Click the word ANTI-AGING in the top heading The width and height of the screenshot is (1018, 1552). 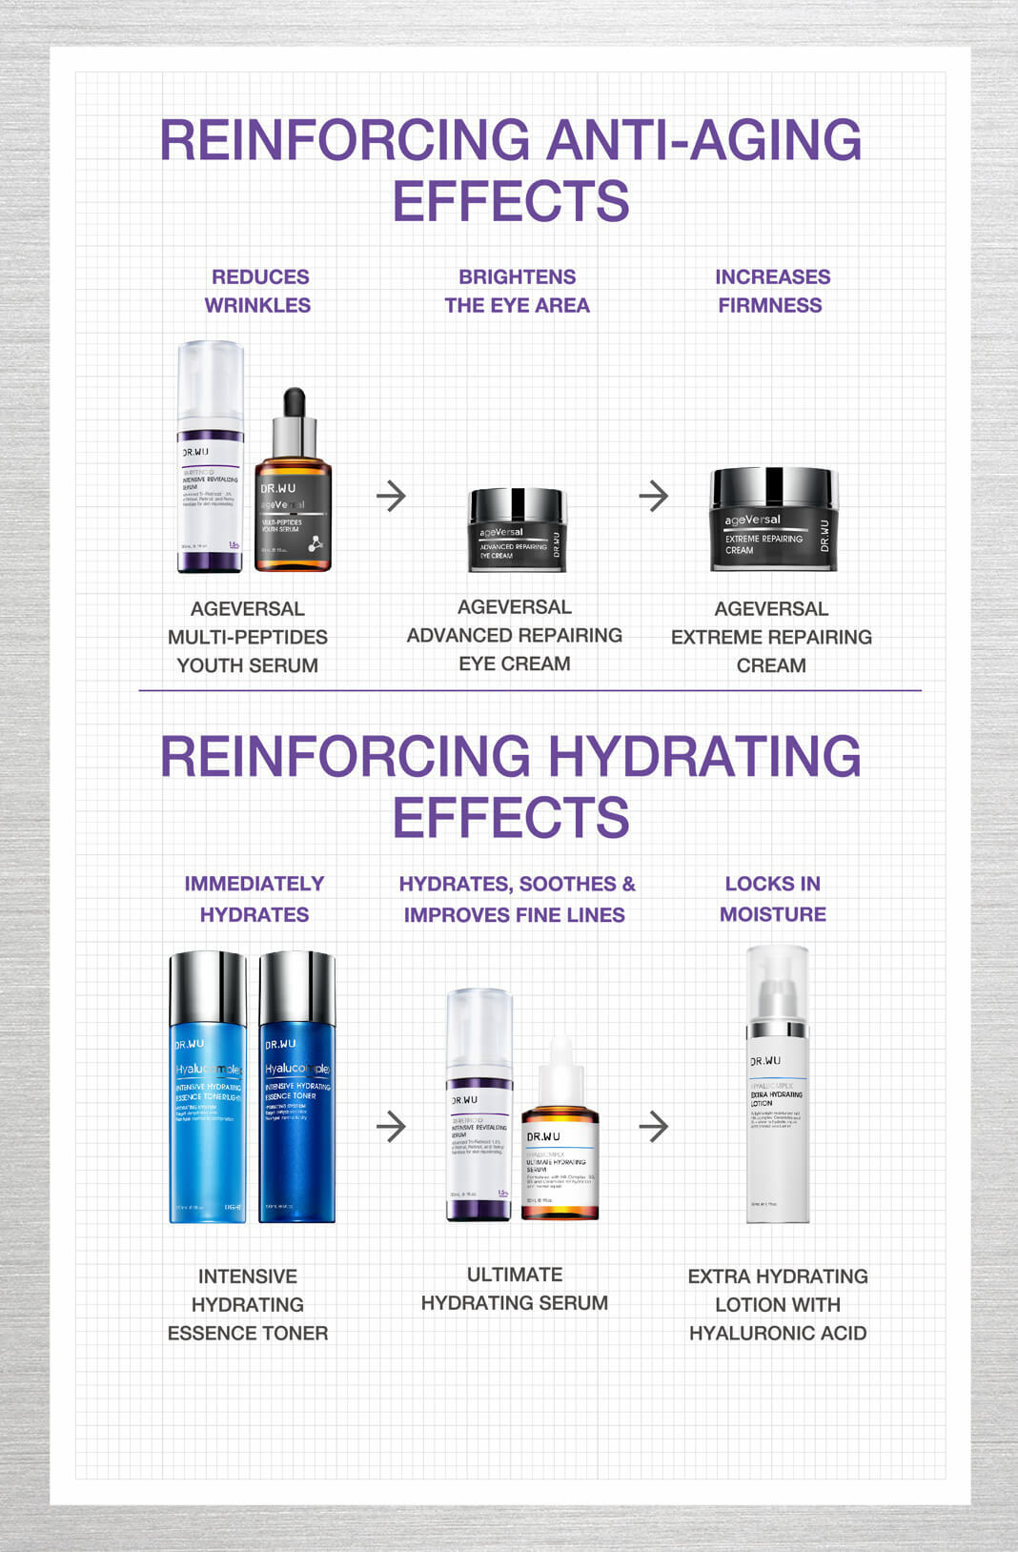click(x=703, y=140)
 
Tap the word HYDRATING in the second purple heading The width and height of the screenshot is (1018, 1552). click(x=703, y=757)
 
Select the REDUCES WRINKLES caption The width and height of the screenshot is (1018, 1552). click(x=258, y=291)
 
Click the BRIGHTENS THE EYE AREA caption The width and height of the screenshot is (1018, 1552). click(x=517, y=291)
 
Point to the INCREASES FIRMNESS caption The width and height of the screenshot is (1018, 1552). click(x=772, y=291)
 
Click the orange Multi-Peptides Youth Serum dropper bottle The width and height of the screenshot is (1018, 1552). click(x=293, y=510)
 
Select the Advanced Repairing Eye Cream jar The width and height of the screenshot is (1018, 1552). click(x=518, y=531)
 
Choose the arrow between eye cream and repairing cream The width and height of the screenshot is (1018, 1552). click(x=654, y=496)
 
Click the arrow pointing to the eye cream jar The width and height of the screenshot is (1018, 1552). click(x=391, y=496)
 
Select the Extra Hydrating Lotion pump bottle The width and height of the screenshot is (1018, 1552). click(x=778, y=1106)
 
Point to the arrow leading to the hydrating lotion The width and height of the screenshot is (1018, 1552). click(x=654, y=1127)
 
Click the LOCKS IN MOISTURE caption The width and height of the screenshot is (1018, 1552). click(x=773, y=899)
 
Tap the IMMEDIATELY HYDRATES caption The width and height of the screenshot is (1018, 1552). click(x=254, y=899)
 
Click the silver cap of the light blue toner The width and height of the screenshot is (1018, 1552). click(x=207, y=988)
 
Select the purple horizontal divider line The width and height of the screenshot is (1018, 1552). click(x=530, y=690)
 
